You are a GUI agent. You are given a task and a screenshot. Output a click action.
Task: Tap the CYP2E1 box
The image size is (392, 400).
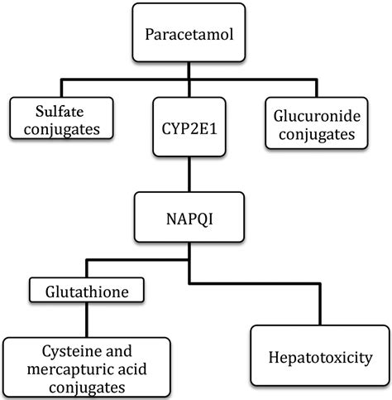coord(189,127)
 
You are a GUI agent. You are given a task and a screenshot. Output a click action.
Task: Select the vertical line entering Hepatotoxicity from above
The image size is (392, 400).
coord(318,306)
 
